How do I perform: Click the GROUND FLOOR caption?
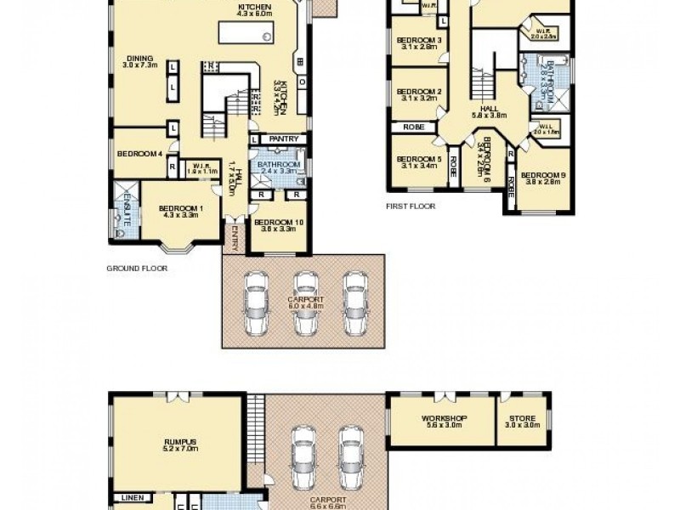[136, 268]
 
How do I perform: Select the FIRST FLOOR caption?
[411, 206]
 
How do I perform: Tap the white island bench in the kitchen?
[246, 33]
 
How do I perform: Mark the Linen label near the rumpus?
[132, 498]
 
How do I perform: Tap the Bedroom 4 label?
[139, 153]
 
